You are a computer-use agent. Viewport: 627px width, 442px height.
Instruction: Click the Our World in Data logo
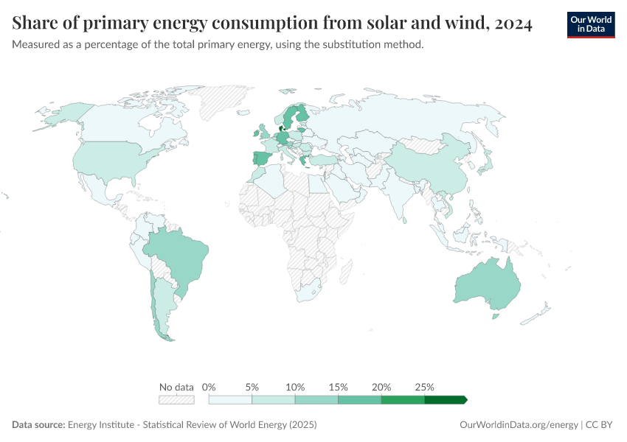click(590, 24)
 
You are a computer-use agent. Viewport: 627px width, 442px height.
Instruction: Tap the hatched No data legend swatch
click(176, 400)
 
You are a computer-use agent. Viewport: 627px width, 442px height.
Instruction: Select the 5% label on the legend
click(252, 387)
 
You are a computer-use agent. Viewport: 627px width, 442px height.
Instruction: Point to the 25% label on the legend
click(425, 387)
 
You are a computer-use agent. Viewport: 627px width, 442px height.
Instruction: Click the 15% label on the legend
click(339, 387)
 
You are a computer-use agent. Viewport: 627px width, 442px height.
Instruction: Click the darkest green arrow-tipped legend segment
click(445, 400)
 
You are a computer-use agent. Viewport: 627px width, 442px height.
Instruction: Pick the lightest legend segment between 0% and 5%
click(230, 400)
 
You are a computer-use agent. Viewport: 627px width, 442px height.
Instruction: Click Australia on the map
click(488, 288)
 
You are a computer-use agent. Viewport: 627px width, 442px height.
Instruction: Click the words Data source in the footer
click(38, 425)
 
